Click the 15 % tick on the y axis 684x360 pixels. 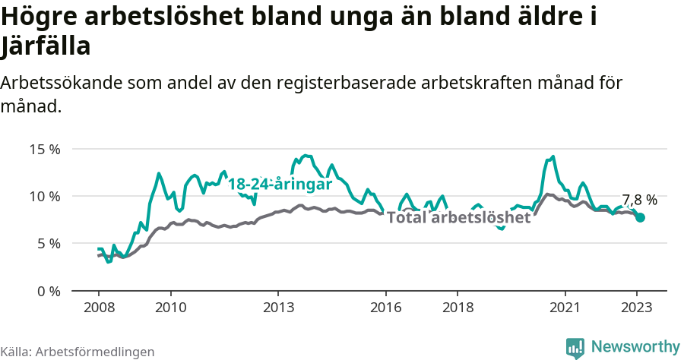pos(45,149)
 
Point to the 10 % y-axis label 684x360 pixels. pos(45,196)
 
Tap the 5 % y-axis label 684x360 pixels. pos(48,244)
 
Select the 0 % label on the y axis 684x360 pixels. pos(48,291)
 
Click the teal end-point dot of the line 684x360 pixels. pos(640,217)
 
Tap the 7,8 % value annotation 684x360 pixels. pos(639,200)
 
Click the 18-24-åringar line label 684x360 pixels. pos(280,185)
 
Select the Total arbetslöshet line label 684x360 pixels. pos(458,218)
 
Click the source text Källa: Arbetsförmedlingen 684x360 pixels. pos(78,352)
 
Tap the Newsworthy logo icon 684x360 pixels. pos(575,347)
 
